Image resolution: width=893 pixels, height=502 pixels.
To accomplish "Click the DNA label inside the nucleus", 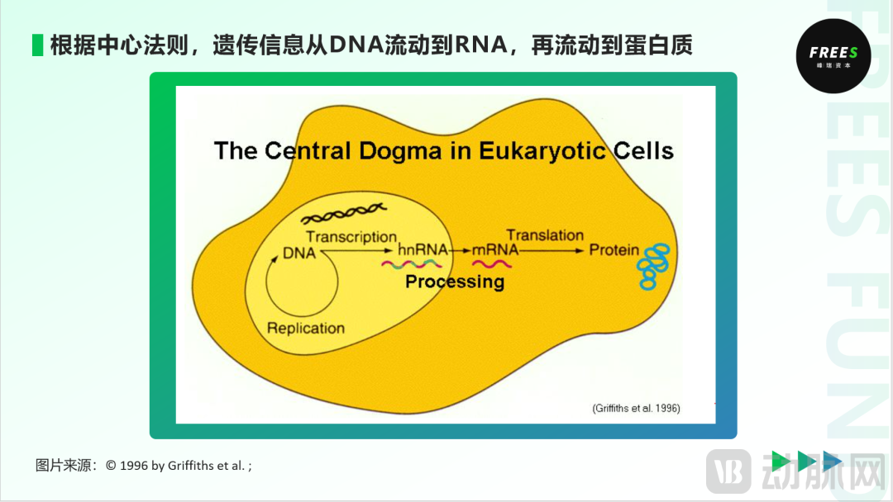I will point(299,253).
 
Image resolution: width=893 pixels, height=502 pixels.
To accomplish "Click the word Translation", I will point(545,235).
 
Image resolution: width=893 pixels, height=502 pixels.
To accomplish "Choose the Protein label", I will point(614,250).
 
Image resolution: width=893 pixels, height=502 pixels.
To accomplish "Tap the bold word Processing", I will point(454,282).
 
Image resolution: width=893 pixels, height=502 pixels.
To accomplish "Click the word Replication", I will point(305,328).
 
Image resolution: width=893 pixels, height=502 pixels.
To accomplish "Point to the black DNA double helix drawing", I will point(341,215).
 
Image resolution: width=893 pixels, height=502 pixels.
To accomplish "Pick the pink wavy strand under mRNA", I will point(491,265).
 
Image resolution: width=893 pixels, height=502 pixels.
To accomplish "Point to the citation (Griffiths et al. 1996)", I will point(636,408).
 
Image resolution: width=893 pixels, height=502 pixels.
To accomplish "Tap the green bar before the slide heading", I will point(37,45).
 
